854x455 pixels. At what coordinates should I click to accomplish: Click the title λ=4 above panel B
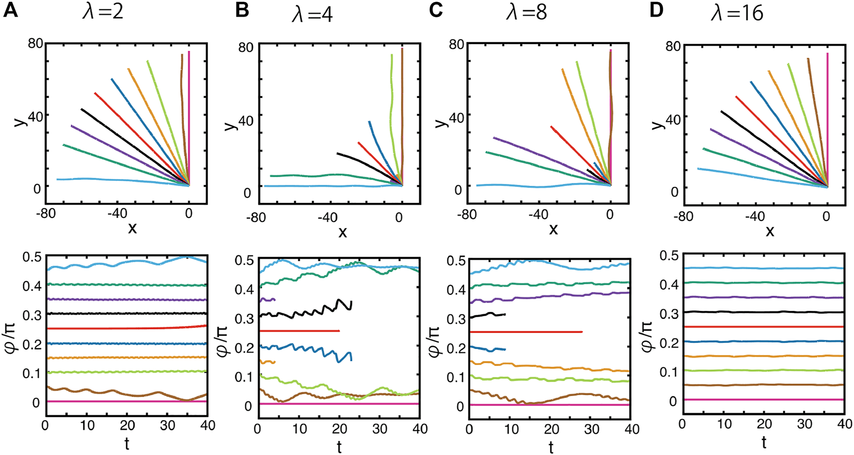pyautogui.click(x=312, y=15)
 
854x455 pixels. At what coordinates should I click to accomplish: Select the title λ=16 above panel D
pyautogui.click(x=737, y=13)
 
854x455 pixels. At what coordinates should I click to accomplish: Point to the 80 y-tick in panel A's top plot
pyautogui.click(x=35, y=43)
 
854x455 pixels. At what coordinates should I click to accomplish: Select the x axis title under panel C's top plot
pyautogui.click(x=553, y=230)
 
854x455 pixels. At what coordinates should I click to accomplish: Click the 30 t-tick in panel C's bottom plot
pyautogui.click(x=592, y=429)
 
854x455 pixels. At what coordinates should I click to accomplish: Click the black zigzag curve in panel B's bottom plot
pyautogui.click(x=312, y=312)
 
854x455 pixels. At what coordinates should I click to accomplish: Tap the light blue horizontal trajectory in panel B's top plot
pyautogui.click(x=327, y=186)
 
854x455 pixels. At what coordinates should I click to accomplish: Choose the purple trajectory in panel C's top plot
pyautogui.click(x=543, y=154)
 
